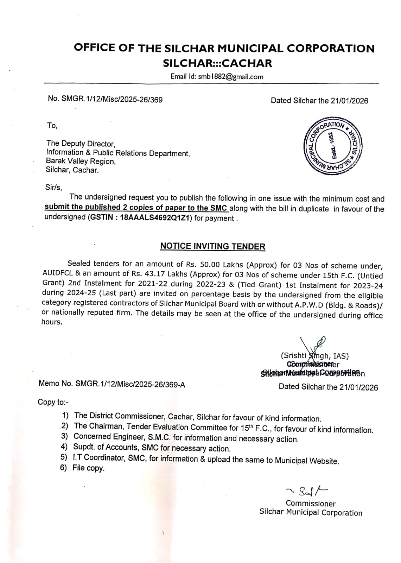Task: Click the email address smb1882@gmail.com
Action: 230,77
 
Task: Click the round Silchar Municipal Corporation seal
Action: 334,145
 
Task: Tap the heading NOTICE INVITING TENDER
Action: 212,246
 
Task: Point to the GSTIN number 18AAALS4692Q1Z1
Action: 155,217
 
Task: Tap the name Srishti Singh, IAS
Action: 315,356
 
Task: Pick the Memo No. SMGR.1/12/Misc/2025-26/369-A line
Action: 112,384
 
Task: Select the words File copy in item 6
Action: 88,468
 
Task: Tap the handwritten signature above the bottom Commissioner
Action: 306,490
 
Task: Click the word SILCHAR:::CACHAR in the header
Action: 217,63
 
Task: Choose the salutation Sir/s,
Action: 53,187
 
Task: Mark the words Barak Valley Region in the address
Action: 81,162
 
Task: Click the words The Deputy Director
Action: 81,144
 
